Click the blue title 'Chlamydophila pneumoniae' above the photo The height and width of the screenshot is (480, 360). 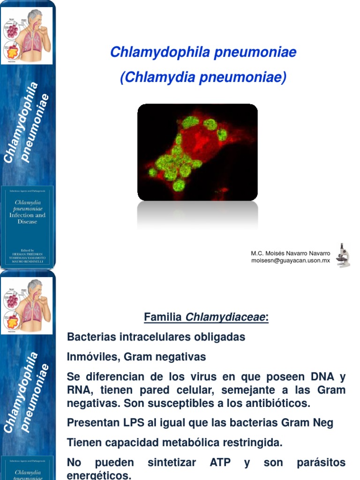tap(203, 52)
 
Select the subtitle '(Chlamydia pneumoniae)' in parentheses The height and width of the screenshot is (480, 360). tap(203, 77)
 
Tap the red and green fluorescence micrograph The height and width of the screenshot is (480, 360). tap(197, 152)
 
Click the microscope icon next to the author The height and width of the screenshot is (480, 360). tap(343, 255)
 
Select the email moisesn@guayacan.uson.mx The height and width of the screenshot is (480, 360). tap(291, 261)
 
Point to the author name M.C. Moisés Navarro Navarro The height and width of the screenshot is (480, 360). tap(291, 254)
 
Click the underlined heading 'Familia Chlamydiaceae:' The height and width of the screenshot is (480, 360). tap(206, 318)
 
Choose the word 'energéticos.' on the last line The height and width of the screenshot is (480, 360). tap(99, 475)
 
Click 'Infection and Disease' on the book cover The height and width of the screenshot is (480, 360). tap(28, 218)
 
